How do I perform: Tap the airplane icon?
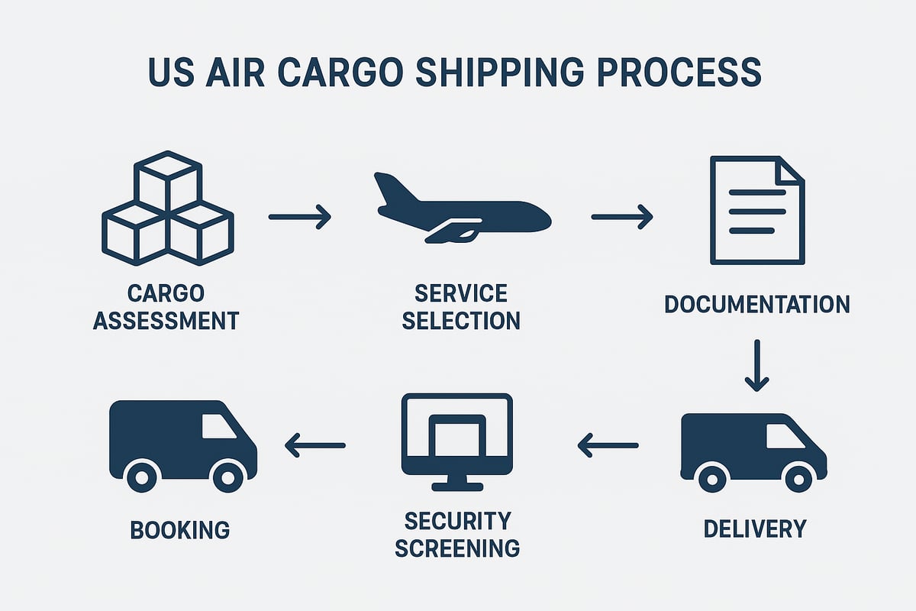point(462,210)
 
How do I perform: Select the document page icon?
point(756,210)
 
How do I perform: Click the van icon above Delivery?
point(753,451)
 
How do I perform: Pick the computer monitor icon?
point(457,441)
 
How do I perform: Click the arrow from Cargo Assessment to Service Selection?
point(300,216)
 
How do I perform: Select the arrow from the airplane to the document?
point(622,216)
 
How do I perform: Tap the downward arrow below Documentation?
point(756,365)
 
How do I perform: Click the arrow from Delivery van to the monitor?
point(608,445)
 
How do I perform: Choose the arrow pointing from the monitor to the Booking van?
point(314,445)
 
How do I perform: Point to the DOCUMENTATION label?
point(756,304)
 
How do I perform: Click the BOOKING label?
point(180,529)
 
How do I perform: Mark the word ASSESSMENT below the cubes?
point(166,320)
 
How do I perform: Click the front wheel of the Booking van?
point(227,477)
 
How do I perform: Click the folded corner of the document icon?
point(789,170)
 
